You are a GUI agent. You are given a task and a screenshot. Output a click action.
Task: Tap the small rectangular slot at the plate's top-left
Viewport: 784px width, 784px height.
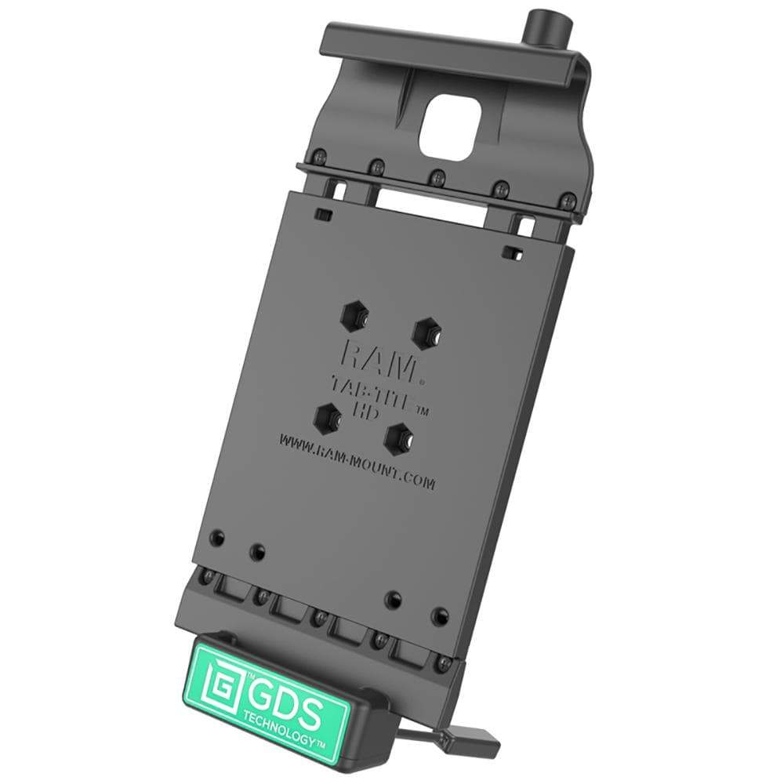point(321,212)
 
